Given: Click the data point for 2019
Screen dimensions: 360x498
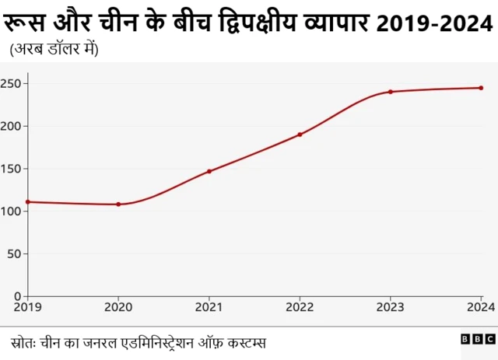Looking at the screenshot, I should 28,202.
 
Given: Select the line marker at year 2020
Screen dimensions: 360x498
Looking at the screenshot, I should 118,204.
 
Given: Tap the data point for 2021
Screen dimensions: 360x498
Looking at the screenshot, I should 209,171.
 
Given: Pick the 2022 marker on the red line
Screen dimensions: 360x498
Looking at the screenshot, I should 300,135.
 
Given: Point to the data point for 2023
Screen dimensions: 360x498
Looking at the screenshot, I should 391,92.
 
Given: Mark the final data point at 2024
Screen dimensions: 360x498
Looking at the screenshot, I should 481,88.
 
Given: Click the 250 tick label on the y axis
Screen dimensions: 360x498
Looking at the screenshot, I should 12,83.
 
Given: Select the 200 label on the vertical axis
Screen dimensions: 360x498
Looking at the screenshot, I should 12,126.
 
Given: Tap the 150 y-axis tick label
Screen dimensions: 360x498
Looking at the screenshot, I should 12,169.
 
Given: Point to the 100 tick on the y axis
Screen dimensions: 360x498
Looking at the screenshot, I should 12,211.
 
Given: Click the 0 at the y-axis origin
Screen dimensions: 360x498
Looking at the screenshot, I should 19,296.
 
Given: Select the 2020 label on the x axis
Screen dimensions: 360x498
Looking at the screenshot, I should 118,307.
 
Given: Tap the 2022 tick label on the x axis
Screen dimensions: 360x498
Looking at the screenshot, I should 300,307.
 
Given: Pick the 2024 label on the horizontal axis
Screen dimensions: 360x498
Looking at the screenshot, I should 481,307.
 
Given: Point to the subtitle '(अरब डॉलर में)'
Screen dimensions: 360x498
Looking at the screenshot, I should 53,49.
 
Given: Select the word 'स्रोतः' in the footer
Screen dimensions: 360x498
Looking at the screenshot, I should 26,341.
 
